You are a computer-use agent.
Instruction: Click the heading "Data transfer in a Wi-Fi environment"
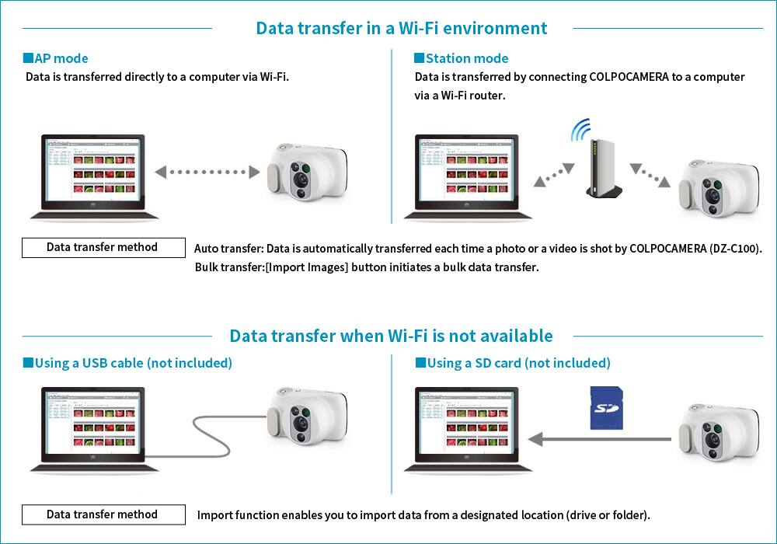(x=401, y=29)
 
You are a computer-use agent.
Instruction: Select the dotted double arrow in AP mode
(x=206, y=172)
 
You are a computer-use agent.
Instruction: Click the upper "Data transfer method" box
(x=103, y=247)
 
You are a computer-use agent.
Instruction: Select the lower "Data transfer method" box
(x=103, y=514)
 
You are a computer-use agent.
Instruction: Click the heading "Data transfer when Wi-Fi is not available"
(x=391, y=336)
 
